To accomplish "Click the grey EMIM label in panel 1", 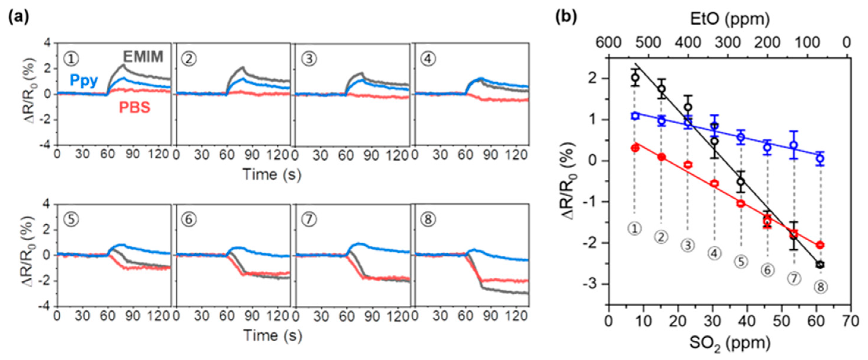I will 143,56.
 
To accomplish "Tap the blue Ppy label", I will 84,80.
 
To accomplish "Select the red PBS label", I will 134,108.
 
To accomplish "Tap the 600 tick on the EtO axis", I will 609,43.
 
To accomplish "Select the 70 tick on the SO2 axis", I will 850,321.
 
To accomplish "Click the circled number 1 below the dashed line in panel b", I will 634,229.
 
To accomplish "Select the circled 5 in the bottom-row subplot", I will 71,220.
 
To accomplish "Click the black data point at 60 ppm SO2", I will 820,264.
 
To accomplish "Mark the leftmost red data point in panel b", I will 635,148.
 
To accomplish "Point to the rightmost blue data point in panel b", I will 820,158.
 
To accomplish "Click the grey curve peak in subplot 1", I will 124,65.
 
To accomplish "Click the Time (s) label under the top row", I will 272,174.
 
